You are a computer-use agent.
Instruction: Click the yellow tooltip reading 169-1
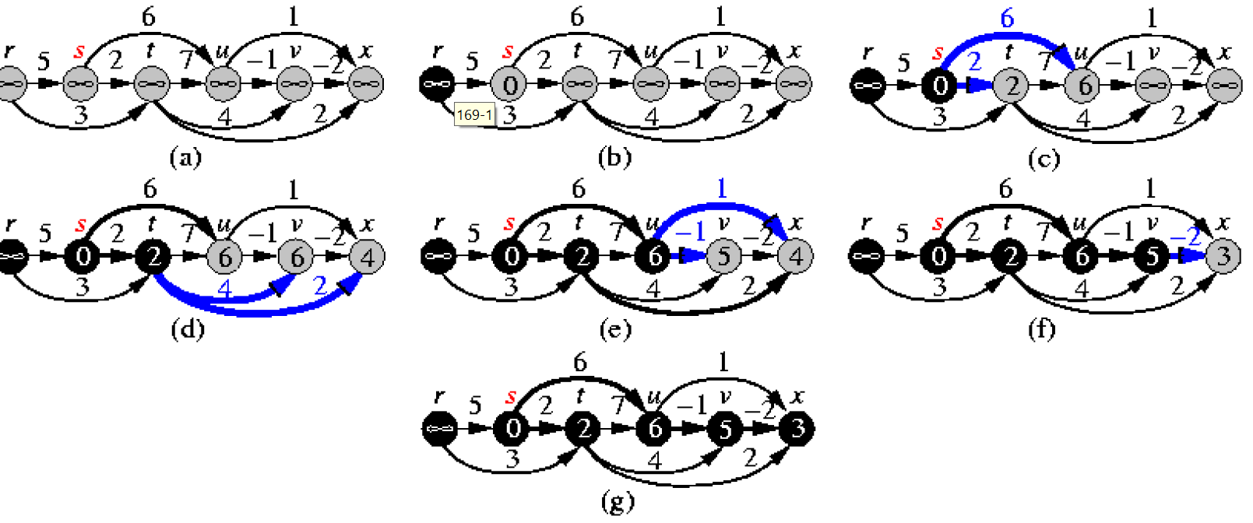point(474,115)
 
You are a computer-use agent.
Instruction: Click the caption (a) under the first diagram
point(185,158)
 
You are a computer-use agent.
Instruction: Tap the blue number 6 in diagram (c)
point(1007,18)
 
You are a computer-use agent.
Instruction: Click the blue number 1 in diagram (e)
point(722,188)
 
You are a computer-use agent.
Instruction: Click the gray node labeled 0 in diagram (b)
point(509,84)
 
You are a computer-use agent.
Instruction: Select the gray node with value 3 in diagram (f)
point(1223,256)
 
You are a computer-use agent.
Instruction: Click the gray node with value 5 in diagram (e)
point(723,256)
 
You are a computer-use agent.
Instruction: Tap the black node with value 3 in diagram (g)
point(797,429)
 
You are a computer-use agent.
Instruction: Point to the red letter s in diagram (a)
point(79,52)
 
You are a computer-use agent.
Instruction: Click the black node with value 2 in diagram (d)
point(153,256)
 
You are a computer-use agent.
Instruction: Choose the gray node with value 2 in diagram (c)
point(1012,84)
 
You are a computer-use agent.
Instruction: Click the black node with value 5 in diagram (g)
point(725,429)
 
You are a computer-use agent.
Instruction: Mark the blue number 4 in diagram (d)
point(225,290)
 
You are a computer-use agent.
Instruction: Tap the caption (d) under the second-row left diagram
point(187,329)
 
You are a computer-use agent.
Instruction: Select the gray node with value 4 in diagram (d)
point(367,256)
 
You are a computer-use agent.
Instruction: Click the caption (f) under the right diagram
point(1042,329)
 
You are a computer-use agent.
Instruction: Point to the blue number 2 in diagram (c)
point(973,61)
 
